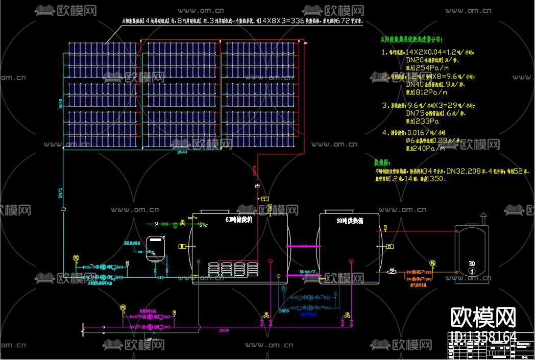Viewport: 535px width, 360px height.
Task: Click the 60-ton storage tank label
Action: tap(239, 220)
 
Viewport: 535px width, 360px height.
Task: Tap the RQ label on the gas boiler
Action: tap(472, 263)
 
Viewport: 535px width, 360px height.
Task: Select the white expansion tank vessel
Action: tap(154, 248)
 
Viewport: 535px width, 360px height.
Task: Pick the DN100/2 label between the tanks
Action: tap(307, 272)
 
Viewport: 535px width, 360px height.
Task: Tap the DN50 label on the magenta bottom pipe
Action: tap(224, 330)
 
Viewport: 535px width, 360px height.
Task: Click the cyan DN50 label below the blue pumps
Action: tap(284, 310)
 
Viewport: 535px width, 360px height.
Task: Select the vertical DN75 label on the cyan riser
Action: tap(60, 193)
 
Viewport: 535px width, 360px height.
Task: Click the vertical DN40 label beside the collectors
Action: tap(61, 104)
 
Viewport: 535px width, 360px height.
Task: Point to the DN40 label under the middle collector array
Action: tap(182, 152)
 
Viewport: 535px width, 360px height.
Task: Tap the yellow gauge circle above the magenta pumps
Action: tap(123, 307)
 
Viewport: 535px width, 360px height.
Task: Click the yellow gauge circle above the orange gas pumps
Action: tap(433, 263)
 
